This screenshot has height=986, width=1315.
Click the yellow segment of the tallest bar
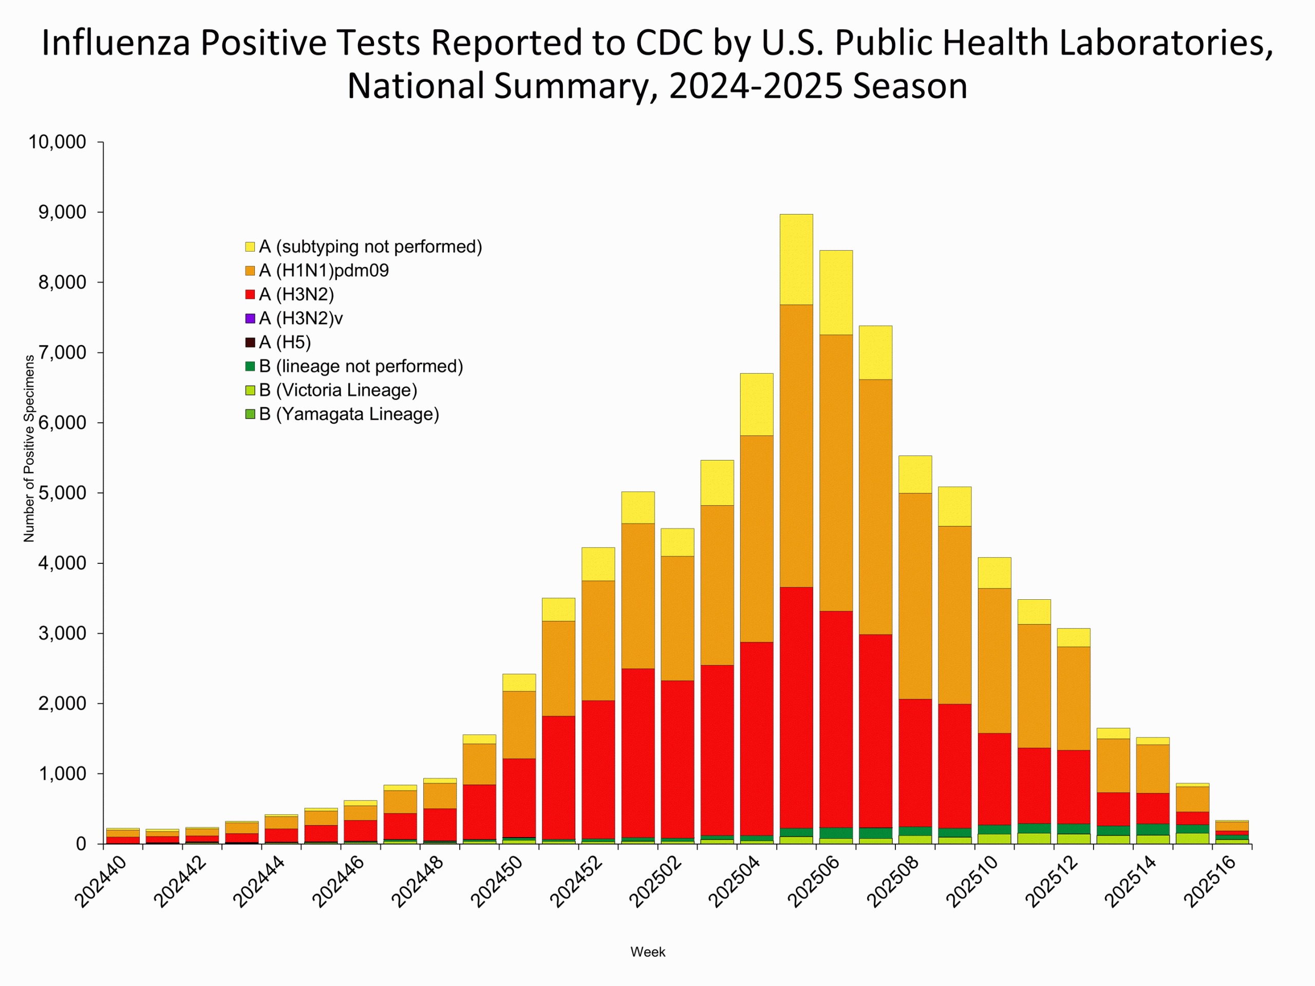(796, 259)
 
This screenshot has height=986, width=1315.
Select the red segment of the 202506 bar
(836, 719)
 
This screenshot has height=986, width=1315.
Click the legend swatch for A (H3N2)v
(250, 318)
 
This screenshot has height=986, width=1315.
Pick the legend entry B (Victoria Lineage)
(337, 390)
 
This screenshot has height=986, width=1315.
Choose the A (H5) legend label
(285, 343)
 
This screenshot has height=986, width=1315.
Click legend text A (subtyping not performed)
(370, 246)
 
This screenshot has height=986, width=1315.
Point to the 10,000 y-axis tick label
(57, 142)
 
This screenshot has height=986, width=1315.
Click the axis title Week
(647, 952)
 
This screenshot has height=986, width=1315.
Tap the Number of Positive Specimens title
(29, 449)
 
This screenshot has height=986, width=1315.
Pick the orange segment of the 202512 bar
(1074, 698)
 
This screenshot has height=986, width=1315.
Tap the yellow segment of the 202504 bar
(756, 404)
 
